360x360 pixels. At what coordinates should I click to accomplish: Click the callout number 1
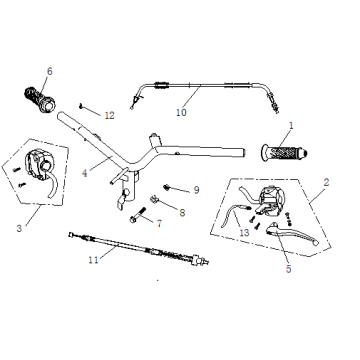click(x=291, y=126)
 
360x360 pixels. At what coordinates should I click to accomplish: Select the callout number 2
click(x=326, y=182)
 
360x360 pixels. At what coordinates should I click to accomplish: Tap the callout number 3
click(x=19, y=228)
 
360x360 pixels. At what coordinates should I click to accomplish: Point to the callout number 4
click(x=85, y=173)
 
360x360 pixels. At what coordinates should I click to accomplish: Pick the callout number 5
click(x=289, y=269)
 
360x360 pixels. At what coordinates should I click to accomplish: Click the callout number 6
click(x=50, y=71)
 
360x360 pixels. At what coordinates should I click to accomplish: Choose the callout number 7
click(x=159, y=224)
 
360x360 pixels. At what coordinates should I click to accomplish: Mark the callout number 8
click(x=182, y=213)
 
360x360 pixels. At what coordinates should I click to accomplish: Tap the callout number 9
click(x=196, y=190)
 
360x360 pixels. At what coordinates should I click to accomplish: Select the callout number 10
click(x=181, y=112)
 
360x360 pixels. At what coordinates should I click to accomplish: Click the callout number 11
click(x=94, y=260)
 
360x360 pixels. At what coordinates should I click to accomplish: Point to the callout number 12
click(x=109, y=116)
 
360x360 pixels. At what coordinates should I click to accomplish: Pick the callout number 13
click(x=244, y=233)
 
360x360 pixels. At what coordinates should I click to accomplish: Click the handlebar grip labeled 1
click(x=284, y=153)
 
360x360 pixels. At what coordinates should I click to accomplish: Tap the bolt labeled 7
click(x=138, y=215)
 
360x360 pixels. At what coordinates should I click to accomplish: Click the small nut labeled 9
click(x=166, y=187)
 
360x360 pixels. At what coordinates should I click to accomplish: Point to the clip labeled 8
click(x=154, y=199)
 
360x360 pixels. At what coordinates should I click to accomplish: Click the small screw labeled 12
click(x=81, y=106)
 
